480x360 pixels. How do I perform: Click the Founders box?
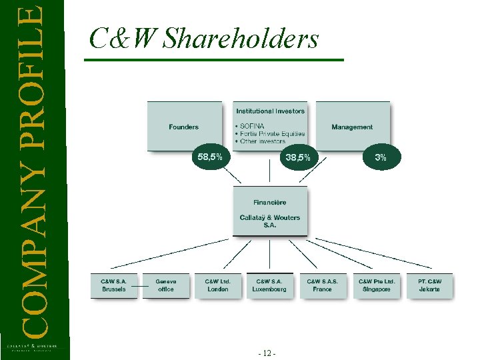click(x=184, y=127)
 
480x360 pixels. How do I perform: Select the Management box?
click(x=352, y=127)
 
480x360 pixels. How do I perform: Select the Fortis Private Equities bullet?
click(x=272, y=133)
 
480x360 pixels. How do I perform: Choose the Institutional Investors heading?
click(x=270, y=111)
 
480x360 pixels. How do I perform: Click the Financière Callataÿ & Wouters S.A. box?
click(x=270, y=211)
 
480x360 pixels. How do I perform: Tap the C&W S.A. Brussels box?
click(x=113, y=285)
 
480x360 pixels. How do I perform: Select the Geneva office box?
click(x=166, y=285)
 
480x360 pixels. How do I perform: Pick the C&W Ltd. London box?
click(x=217, y=285)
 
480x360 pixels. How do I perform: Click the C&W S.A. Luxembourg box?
click(x=269, y=285)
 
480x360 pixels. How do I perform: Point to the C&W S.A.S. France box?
click(x=322, y=285)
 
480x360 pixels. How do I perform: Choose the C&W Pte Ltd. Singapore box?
click(x=377, y=285)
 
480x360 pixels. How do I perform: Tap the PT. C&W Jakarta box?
click(x=429, y=285)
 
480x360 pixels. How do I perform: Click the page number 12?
click(x=269, y=353)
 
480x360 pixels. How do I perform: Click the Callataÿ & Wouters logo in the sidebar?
click(x=33, y=347)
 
